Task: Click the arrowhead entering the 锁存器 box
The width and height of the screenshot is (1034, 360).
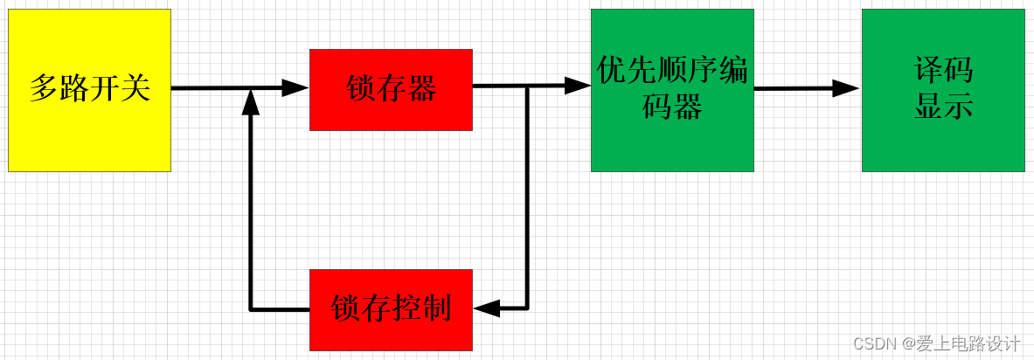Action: [295, 87]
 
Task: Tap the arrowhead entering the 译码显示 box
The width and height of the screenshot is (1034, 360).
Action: [846, 87]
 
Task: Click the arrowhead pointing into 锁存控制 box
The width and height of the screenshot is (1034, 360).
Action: [486, 308]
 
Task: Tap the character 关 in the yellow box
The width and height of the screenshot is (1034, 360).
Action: [135, 88]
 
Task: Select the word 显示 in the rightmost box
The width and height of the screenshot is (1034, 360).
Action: [943, 107]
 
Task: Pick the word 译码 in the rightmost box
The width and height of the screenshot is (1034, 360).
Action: [943, 71]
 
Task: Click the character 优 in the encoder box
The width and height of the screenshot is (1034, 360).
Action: [612, 70]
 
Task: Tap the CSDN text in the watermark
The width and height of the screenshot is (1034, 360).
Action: [870, 343]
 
